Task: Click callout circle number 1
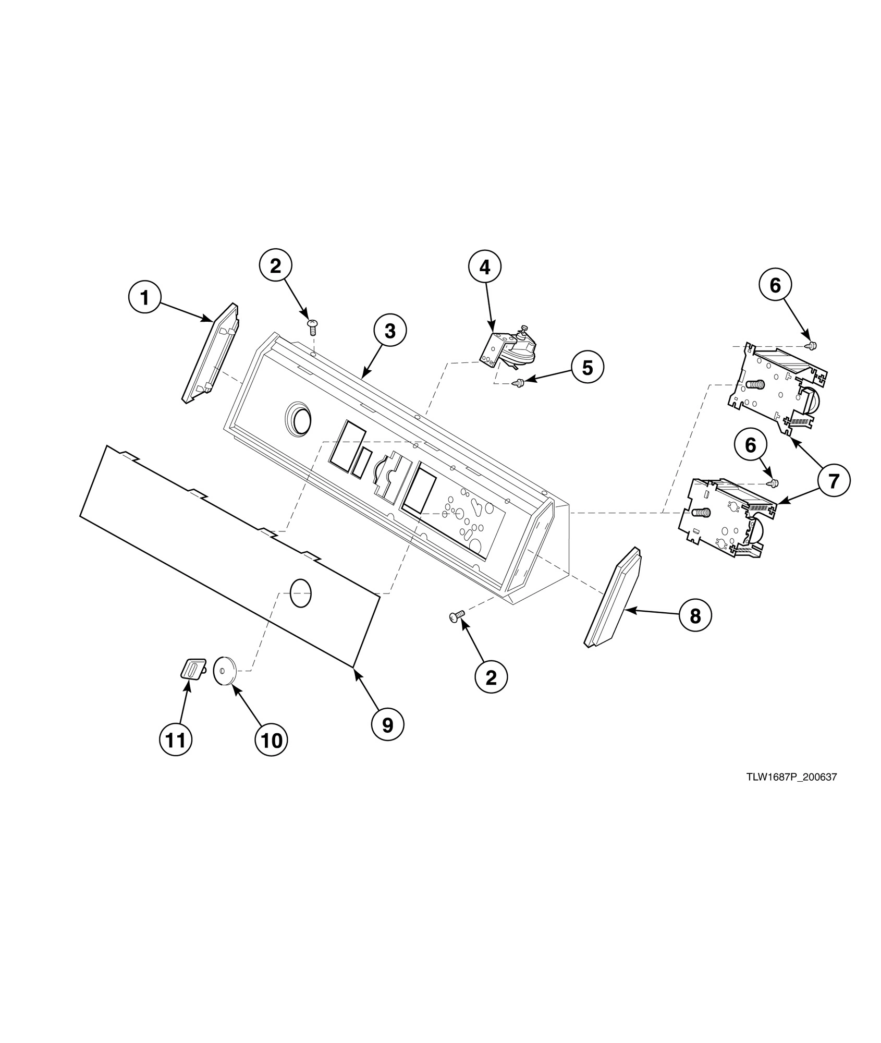144,298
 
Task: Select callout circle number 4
484,267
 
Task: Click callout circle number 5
587,368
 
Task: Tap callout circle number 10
271,739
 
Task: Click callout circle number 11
176,739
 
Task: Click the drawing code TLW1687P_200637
791,792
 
